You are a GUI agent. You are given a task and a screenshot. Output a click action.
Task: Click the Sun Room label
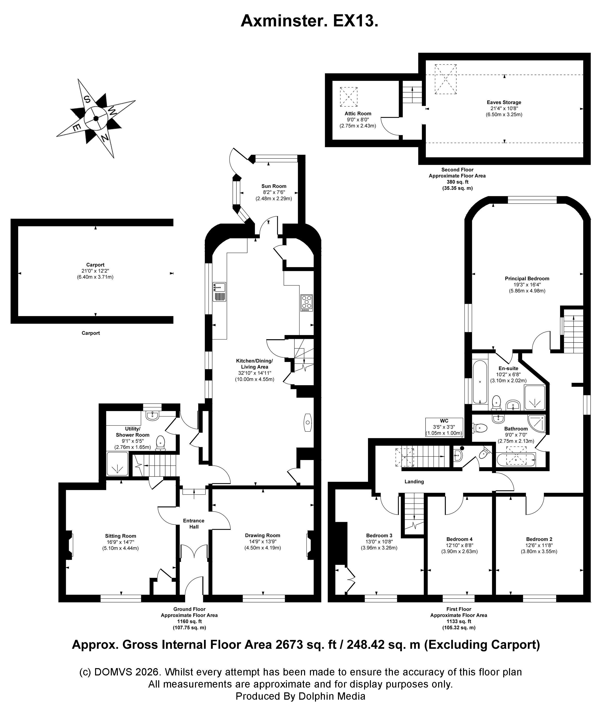coord(274,186)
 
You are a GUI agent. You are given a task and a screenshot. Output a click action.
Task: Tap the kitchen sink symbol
coord(219,292)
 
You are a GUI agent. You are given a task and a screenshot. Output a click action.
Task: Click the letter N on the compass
coord(105,138)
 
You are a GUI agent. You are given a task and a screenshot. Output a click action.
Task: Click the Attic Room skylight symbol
coord(349,97)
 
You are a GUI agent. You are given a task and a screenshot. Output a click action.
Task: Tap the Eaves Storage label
coord(504,102)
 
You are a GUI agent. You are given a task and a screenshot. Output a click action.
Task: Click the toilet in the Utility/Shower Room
coord(160,442)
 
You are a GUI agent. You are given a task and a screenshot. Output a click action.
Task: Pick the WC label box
coord(444,427)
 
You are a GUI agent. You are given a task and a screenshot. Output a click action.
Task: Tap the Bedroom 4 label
coord(459,539)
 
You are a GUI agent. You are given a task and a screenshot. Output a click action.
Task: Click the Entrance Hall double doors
coord(194,552)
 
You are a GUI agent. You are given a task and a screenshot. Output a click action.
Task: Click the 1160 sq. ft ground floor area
coord(189,621)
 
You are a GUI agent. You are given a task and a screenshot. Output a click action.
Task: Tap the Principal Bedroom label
coord(527,278)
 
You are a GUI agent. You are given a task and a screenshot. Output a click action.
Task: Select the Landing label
coord(414,481)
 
